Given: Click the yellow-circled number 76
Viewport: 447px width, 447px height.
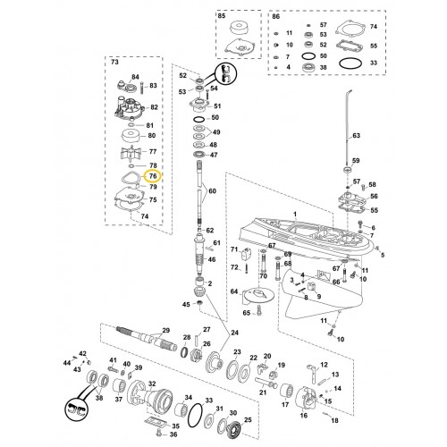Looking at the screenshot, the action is click(x=153, y=176).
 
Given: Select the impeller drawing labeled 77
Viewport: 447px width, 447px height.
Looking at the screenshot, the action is click(x=132, y=153).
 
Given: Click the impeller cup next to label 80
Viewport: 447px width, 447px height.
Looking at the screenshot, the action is click(x=133, y=137).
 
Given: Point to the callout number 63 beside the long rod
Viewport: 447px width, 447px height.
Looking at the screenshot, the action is click(x=357, y=136).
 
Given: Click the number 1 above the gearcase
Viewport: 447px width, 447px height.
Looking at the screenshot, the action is click(x=295, y=214).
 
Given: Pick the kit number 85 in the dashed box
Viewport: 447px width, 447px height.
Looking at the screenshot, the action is click(x=222, y=16).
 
